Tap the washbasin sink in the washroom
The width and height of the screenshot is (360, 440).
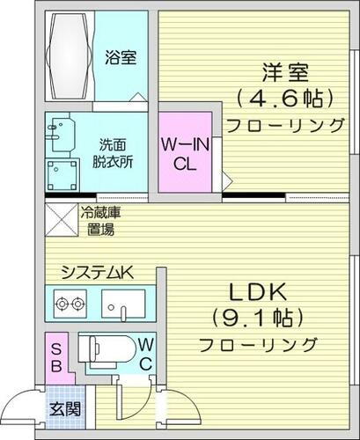pyautogui.click(x=61, y=132)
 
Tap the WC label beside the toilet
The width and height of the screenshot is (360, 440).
pyautogui.click(x=145, y=352)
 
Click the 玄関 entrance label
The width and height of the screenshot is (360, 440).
pyautogui.click(x=63, y=407)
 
